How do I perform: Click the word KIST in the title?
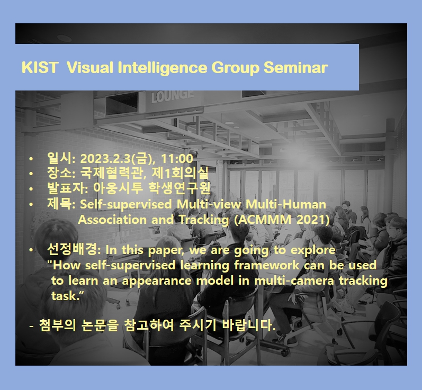(x=39, y=67)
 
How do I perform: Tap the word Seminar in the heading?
(x=295, y=67)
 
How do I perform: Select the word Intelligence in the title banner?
(x=163, y=68)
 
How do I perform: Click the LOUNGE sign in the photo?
(x=172, y=96)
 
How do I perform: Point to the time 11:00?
(x=177, y=159)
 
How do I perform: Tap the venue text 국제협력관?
(x=111, y=173)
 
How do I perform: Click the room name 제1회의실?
(x=180, y=173)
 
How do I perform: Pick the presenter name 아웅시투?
(x=118, y=188)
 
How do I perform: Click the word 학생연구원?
(x=179, y=188)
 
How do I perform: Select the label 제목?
(x=59, y=204)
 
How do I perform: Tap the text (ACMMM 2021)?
(x=282, y=220)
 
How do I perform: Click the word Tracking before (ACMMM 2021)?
(x=204, y=220)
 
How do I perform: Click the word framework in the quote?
(x=266, y=265)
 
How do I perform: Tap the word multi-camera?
(x=294, y=281)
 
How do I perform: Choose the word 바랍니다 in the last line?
(x=248, y=325)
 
